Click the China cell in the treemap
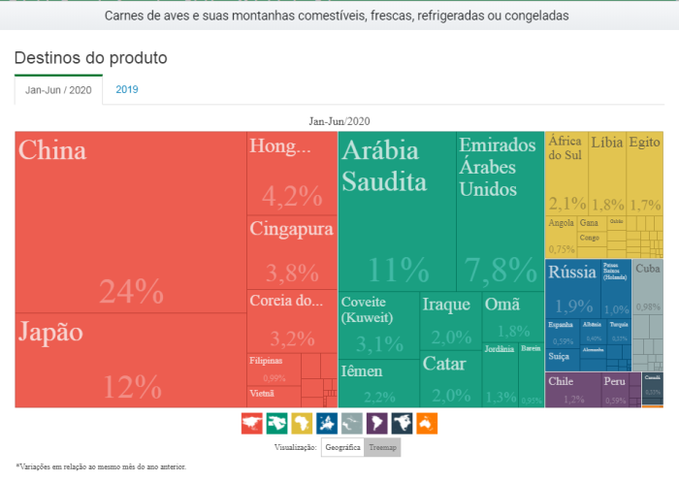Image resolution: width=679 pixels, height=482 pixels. tap(130, 221)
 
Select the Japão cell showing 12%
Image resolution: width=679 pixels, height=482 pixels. tap(130, 359)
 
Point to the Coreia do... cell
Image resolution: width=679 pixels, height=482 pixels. tap(292, 320)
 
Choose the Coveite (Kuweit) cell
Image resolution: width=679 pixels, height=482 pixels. tap(378, 326)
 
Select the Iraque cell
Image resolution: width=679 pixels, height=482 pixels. tap(451, 320)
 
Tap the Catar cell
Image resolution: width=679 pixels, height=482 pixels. tap(451, 379)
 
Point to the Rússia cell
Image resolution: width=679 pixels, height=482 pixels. tap(572, 287)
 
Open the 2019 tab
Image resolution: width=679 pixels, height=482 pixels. tap(127, 89)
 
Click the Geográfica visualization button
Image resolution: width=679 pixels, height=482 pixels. tap(342, 447)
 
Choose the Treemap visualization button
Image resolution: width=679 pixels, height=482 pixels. tap(381, 447)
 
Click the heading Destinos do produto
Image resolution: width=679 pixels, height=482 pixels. tap(90, 58)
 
